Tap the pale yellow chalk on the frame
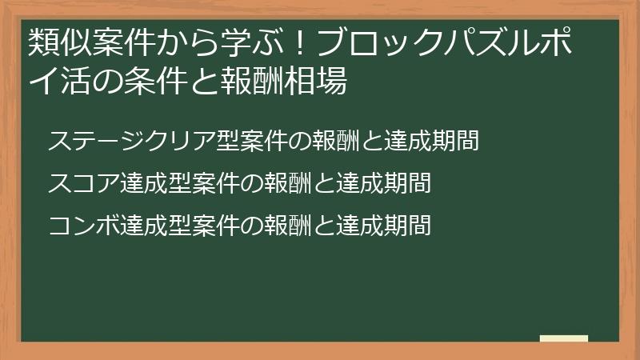click(x=563, y=338)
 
